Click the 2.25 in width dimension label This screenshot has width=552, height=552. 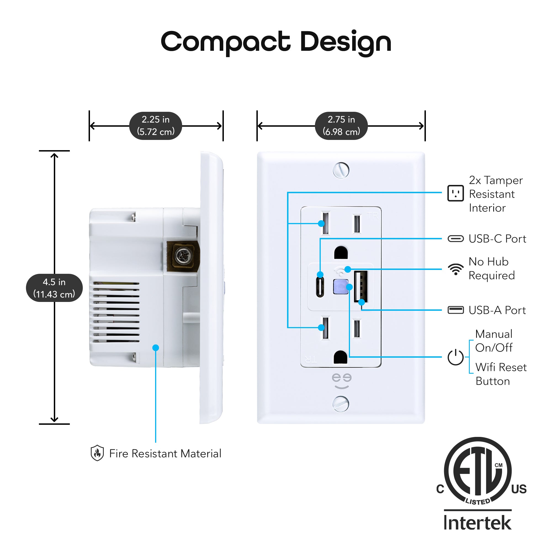click(155, 126)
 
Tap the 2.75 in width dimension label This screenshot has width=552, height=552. click(341, 126)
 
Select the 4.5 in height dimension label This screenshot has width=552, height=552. click(54, 288)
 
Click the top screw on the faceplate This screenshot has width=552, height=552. click(341, 170)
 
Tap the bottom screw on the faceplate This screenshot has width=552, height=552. click(341, 404)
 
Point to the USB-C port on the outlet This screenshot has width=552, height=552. click(320, 287)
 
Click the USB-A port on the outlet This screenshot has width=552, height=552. click(361, 286)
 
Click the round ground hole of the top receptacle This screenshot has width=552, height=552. click(341, 253)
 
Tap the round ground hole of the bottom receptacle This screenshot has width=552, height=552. click(341, 357)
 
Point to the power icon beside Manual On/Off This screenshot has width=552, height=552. click(455, 357)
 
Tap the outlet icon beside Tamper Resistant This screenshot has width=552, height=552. click(455, 193)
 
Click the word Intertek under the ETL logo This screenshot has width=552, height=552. click(477, 523)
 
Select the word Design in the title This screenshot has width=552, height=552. click(346, 42)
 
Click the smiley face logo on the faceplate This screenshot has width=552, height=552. click(341, 381)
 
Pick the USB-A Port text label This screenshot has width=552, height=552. click(497, 310)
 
